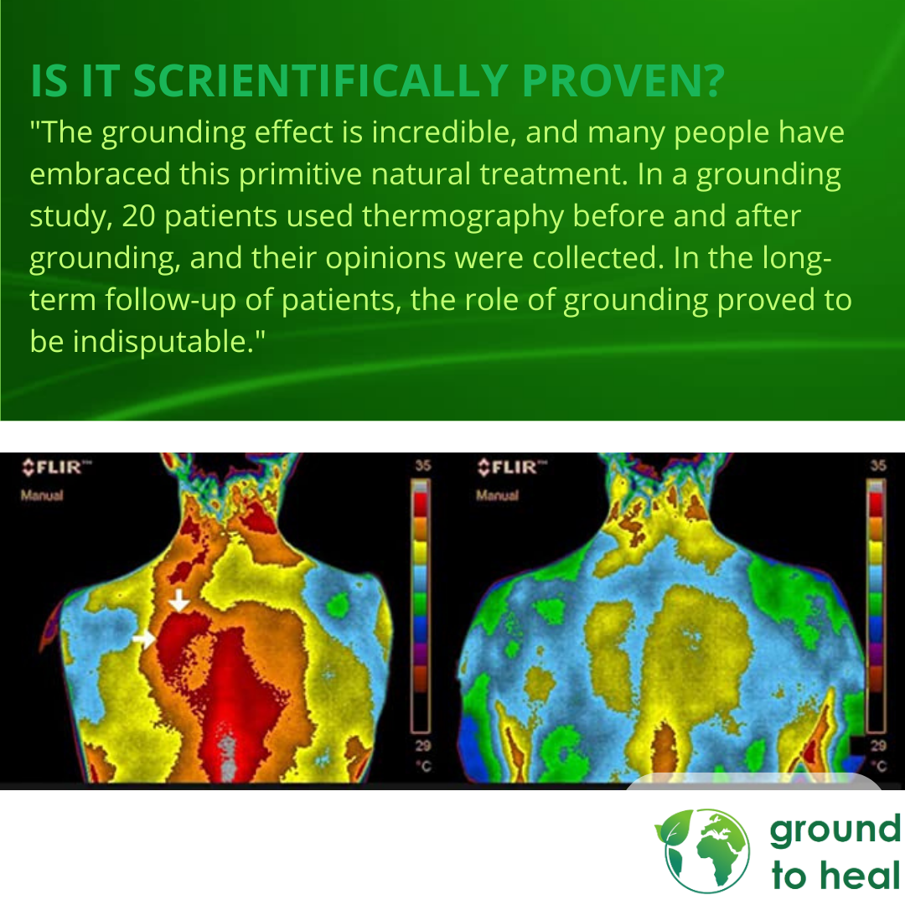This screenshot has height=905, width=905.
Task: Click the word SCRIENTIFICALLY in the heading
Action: click(320, 80)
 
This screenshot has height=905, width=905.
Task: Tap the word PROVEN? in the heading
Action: click(623, 80)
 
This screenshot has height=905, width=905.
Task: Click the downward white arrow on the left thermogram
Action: click(179, 600)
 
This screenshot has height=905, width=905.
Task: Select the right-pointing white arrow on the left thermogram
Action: click(143, 639)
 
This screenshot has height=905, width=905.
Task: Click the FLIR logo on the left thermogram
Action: click(56, 467)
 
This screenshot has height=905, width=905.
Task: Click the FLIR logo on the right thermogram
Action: click(511, 467)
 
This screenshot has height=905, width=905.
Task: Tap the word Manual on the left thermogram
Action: click(42, 495)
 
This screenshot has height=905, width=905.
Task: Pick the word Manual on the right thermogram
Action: click(497, 495)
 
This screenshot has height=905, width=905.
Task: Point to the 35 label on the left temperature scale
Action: click(422, 465)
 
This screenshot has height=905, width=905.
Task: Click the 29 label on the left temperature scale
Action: click(422, 746)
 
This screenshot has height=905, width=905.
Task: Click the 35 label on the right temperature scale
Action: click(878, 465)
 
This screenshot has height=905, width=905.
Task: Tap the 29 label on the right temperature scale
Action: click(878, 746)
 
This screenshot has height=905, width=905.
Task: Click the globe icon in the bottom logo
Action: click(703, 850)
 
